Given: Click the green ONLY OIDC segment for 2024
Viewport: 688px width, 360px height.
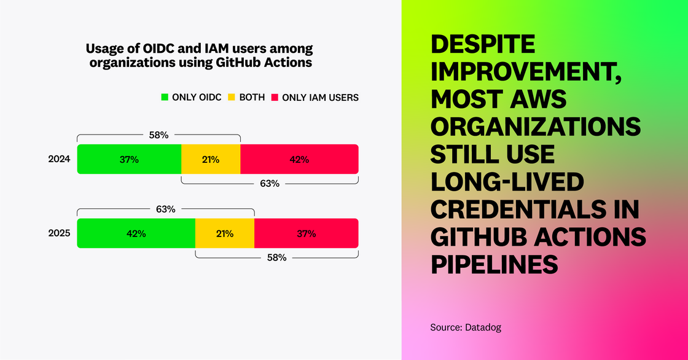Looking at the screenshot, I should [x=129, y=159].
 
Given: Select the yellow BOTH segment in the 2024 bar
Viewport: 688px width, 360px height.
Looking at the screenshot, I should [x=211, y=159].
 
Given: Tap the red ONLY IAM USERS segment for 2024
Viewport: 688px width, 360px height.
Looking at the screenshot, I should [x=299, y=159].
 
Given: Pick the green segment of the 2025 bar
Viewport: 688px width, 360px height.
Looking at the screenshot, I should [x=136, y=233].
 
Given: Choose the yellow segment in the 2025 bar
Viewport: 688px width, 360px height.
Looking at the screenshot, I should [x=225, y=233].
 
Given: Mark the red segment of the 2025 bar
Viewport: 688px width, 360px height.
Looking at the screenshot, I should [x=306, y=233].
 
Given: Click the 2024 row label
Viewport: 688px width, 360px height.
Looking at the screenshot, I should [x=60, y=159].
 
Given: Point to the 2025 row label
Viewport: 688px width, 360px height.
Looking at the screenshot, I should [x=60, y=233].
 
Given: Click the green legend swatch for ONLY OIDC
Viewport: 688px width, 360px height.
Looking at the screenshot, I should [x=165, y=97].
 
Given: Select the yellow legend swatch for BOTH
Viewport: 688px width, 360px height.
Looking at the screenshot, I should [x=232, y=97].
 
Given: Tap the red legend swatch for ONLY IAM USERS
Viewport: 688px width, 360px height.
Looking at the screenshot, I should [x=275, y=97].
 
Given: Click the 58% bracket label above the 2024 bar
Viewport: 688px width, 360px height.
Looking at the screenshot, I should [x=158, y=135].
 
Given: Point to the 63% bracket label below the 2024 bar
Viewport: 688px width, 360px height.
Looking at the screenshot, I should [x=270, y=183].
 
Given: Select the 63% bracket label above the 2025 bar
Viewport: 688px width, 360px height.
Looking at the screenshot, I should [x=165, y=209].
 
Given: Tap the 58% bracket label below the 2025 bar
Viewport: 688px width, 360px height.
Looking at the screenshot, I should [x=276, y=257].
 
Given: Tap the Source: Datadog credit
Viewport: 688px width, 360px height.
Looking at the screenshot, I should [x=466, y=327].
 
